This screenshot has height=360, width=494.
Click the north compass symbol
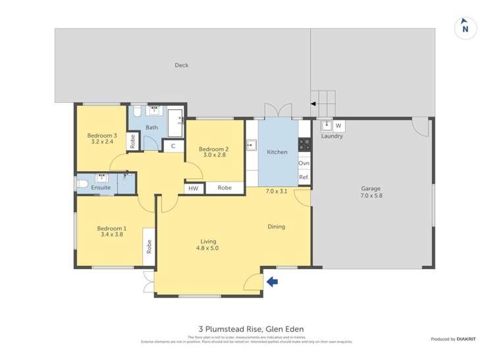tap(465, 28)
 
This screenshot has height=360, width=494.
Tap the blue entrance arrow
tap(271, 282)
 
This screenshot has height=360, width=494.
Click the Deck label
tap(182, 65)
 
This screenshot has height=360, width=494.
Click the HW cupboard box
tap(194, 188)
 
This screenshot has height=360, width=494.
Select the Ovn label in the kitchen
tap(304, 163)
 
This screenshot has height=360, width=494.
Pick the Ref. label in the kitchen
tap(304, 178)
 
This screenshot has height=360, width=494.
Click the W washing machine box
tap(338, 125)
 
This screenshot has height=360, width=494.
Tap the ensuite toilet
tap(82, 183)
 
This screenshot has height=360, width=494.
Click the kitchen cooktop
tap(304, 144)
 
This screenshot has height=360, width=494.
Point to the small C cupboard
tap(173, 146)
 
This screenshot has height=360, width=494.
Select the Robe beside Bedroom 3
tap(132, 141)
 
